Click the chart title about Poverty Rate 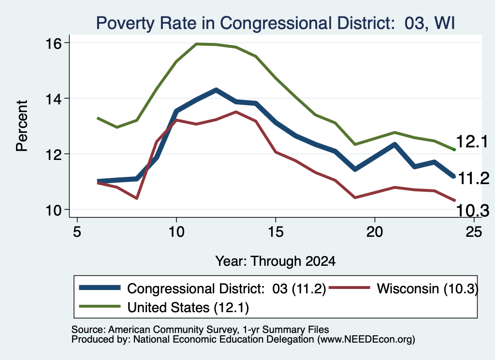pyautogui.click(x=275, y=23)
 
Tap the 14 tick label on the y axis pyautogui.click(x=53, y=99)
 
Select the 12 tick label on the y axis pyautogui.click(x=53, y=154)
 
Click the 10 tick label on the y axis pyautogui.click(x=53, y=210)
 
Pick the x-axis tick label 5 pyautogui.click(x=77, y=232)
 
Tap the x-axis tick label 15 pyautogui.click(x=276, y=232)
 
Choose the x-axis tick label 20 pyautogui.click(x=375, y=232)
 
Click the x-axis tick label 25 pyautogui.click(x=474, y=232)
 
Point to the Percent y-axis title pyautogui.click(x=22, y=126)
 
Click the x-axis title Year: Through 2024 pyautogui.click(x=275, y=261)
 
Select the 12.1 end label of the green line pyautogui.click(x=472, y=142)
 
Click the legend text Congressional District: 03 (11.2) pyautogui.click(x=226, y=288)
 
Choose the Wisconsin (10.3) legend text pyautogui.click(x=427, y=288)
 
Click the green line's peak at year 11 pyautogui.click(x=196, y=44)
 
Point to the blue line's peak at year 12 pyautogui.click(x=216, y=89)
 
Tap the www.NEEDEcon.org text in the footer pyautogui.click(x=366, y=340)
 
